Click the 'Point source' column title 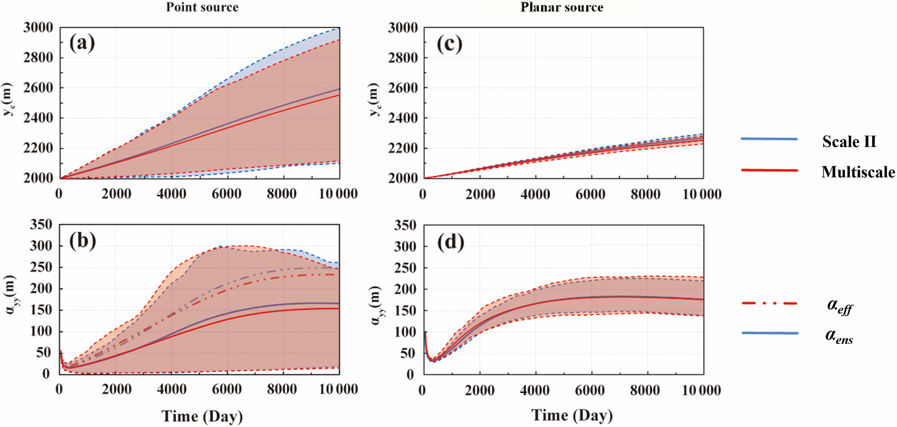pos(202,7)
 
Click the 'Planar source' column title pos(562,7)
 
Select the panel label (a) pos(82,43)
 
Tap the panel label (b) pos(82,241)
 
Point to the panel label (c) pos(449,44)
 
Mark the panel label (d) pos(450,242)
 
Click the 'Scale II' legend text pos(849,142)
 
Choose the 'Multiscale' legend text pos(858,172)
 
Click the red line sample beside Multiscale pos(769,170)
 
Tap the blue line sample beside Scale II pos(769,139)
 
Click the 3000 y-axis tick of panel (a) pos(38,28)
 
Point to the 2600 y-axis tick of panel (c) pos(403,88)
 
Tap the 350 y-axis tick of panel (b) pos(41,225)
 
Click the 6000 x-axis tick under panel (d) pos(590,391)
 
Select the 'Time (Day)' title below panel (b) pos(202,416)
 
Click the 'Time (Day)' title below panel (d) pos(572,416)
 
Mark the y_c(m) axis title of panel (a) pos(7,99)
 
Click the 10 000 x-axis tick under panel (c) pos(702,194)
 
